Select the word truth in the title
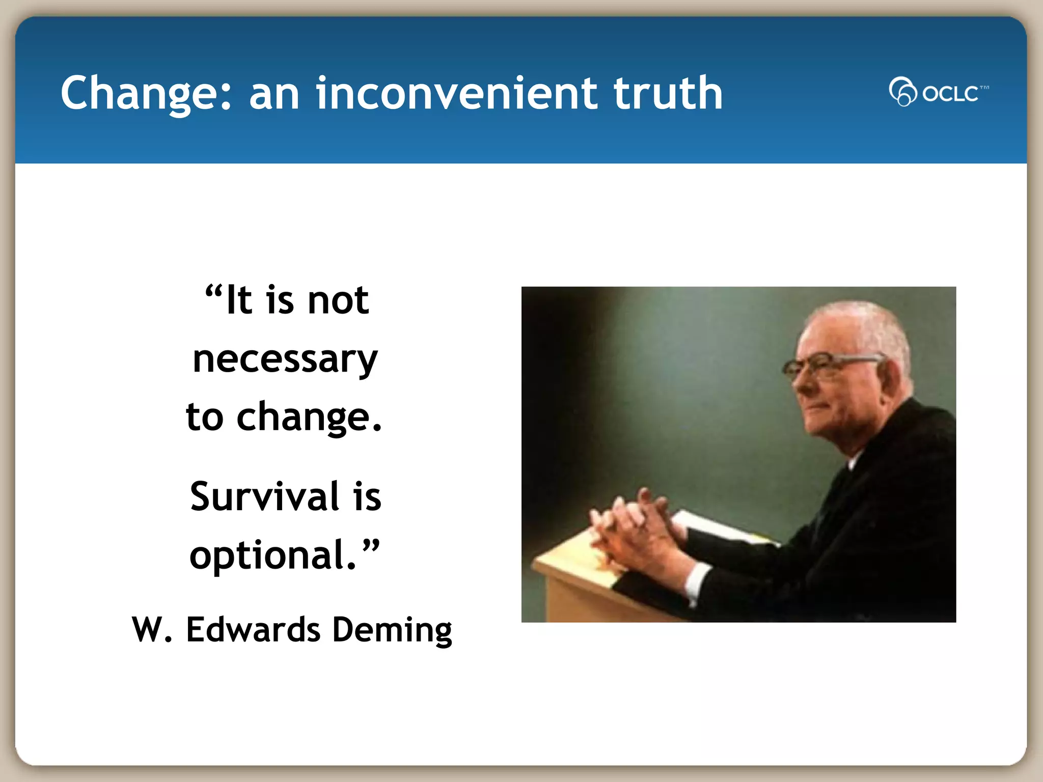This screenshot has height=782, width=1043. (668, 93)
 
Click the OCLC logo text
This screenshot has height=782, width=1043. (950, 94)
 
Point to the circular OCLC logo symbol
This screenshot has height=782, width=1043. (902, 92)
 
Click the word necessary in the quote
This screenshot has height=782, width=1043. (285, 359)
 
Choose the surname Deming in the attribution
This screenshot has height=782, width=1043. (392, 630)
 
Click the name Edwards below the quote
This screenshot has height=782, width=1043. (253, 630)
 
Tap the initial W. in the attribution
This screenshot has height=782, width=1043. (151, 630)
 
